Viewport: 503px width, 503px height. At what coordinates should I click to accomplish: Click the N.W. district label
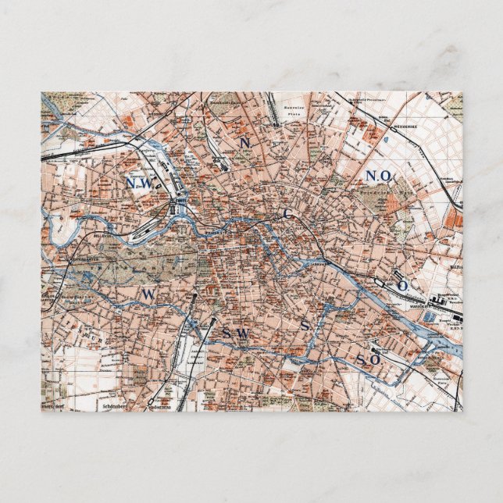141,183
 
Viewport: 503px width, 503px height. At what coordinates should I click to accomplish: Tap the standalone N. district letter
245,143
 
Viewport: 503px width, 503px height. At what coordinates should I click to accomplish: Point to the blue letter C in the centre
287,212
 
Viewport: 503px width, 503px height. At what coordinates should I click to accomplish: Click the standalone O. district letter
403,286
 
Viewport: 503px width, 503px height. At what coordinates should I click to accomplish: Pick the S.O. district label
368,359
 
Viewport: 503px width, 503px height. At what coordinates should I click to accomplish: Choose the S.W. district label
234,334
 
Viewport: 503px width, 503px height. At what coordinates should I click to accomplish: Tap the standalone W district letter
148,294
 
